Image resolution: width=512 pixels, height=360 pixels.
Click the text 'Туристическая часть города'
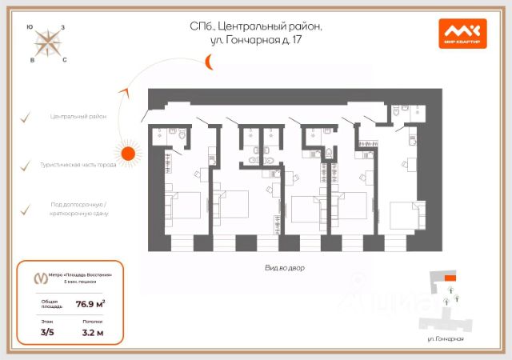pos(78,165)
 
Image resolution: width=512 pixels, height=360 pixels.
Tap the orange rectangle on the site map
pos(450,278)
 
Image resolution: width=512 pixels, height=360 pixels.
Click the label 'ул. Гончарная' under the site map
pos(445,340)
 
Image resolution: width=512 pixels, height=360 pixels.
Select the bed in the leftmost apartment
pos(183,205)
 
